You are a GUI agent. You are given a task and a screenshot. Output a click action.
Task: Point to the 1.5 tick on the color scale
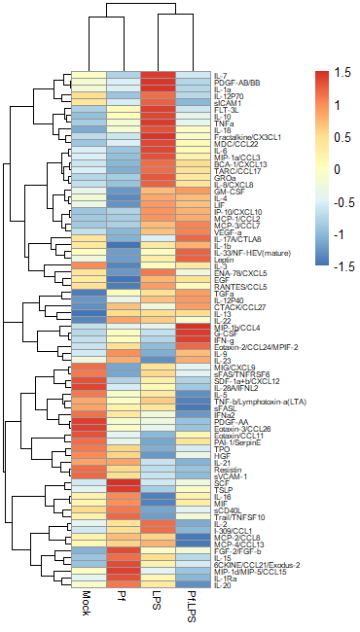(340, 72)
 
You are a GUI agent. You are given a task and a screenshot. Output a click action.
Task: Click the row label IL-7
(220, 76)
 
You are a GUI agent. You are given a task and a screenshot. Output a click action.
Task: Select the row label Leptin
(224, 260)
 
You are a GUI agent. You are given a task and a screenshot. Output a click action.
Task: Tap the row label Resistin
(227, 469)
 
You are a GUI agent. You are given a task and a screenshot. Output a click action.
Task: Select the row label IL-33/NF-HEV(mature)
(250, 253)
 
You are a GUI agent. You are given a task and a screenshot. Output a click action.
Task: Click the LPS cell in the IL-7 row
(158, 76)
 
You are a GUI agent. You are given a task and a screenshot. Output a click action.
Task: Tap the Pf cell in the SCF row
(123, 483)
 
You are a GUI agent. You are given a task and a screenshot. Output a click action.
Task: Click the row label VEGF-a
(228, 232)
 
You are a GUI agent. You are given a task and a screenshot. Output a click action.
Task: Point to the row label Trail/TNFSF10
(237, 516)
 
